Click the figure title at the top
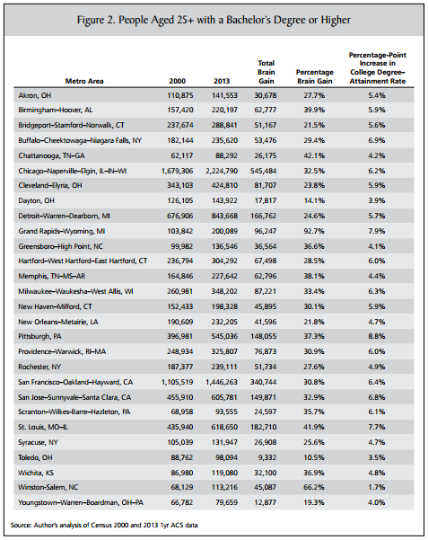click(214, 20)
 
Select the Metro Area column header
click(84, 81)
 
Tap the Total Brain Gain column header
click(266, 72)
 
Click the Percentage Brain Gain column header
click(315, 76)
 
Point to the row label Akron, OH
click(35, 96)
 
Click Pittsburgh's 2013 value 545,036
click(224, 336)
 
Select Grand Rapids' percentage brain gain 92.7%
click(314, 231)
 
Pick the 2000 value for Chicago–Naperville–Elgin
click(177, 171)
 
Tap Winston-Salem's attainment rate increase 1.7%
click(377, 487)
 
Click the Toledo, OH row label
click(35, 457)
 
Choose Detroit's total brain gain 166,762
click(263, 216)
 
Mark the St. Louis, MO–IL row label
click(43, 428)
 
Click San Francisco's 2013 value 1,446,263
click(222, 382)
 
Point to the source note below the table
click(104, 526)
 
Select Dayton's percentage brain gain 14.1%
click(314, 200)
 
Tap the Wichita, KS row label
click(36, 473)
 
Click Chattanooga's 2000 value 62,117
click(182, 155)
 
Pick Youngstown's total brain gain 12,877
click(266, 502)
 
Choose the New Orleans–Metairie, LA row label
click(58, 322)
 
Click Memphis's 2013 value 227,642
click(224, 276)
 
